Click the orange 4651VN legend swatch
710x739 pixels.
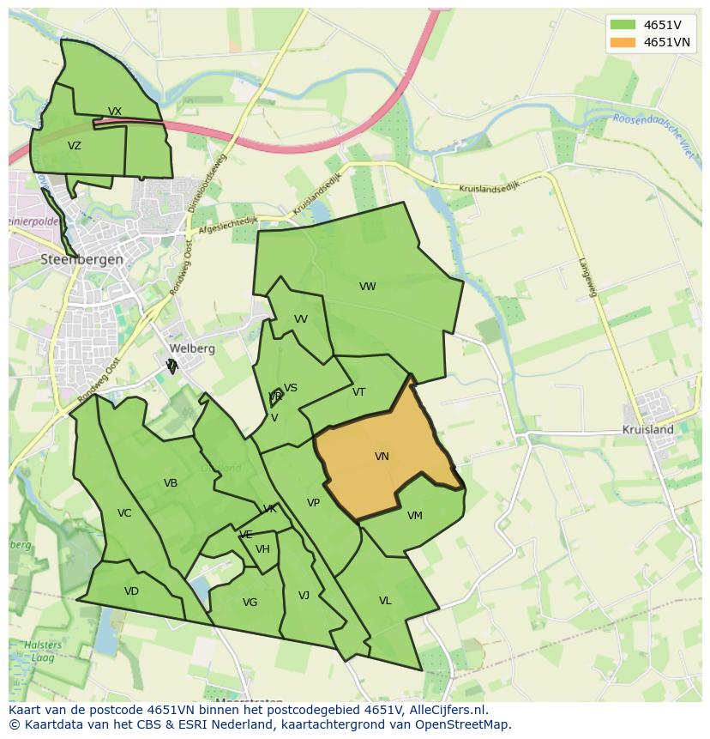pos(623,42)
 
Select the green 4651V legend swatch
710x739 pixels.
pos(623,25)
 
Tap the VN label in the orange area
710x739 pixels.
pos(382,457)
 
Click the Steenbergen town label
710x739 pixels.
pos(82,259)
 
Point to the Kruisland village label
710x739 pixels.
pos(647,429)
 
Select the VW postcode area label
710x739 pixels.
pos(368,287)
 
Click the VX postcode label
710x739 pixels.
pos(115,112)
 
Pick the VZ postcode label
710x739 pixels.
pos(75,146)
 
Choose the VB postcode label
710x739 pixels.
pos(171,483)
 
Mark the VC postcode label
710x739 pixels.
pos(124,513)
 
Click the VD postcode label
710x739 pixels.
pos(131,591)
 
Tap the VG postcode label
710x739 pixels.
pos(250,603)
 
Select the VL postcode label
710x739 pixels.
pos(385,601)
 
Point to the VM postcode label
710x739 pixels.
pos(415,516)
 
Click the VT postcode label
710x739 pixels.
pos(358,392)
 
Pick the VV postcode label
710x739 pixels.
pos(300,319)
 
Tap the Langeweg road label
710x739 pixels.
pos(587,278)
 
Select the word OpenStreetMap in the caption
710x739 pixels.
pos(467,724)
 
